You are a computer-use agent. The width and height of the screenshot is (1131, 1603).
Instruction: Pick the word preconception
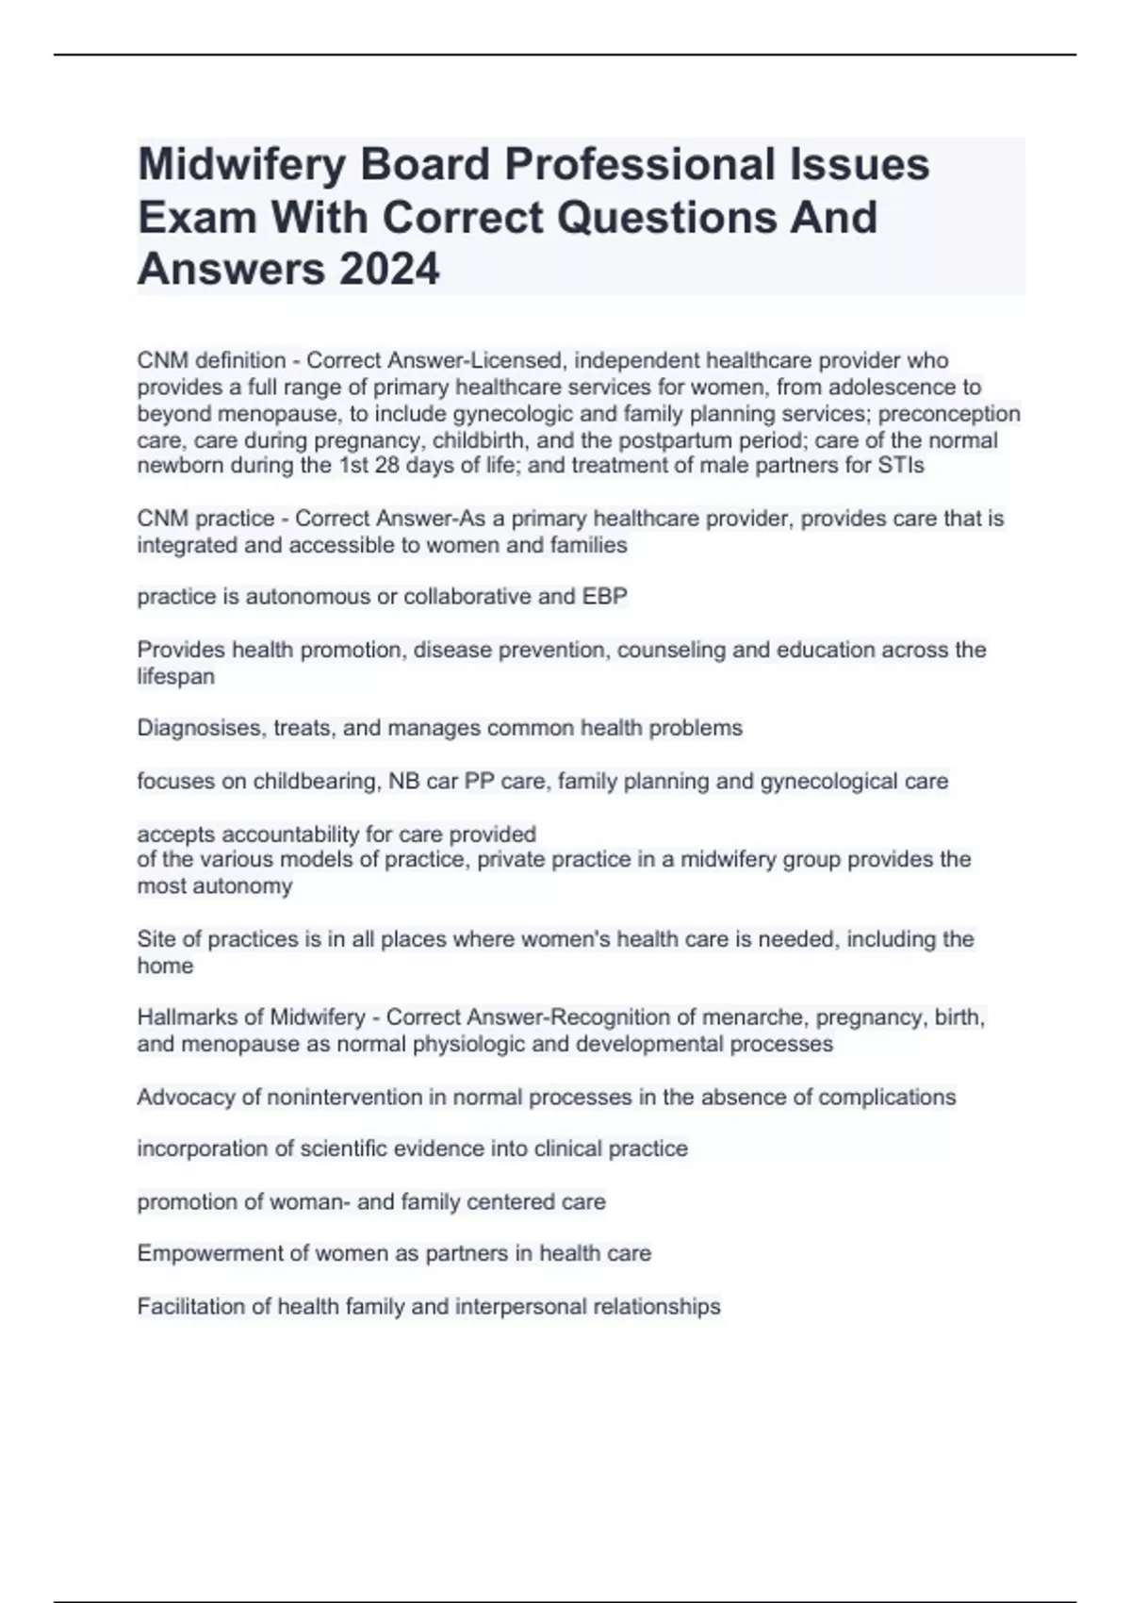(x=949, y=413)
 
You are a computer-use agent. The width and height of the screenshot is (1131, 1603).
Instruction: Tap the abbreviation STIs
(x=902, y=465)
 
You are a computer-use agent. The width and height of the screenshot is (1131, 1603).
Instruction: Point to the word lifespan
(x=175, y=676)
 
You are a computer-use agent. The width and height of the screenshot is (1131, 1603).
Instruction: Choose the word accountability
(x=295, y=835)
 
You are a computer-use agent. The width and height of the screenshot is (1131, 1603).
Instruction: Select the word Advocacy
(x=186, y=1098)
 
